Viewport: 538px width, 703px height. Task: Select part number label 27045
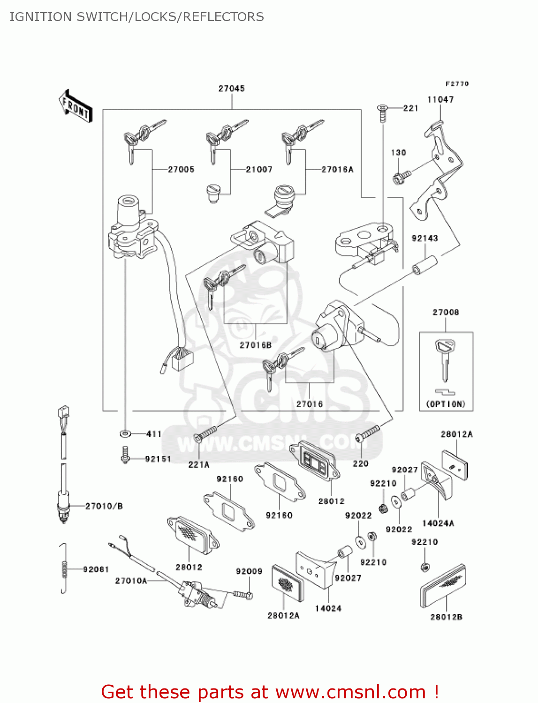pyautogui.click(x=231, y=89)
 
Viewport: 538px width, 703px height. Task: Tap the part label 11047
pyautogui.click(x=440, y=99)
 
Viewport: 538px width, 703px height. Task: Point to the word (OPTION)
pyautogui.click(x=446, y=404)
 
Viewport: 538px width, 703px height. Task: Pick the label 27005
pyautogui.click(x=181, y=169)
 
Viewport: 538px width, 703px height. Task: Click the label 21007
pyautogui.click(x=259, y=169)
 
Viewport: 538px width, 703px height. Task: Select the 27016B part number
pyautogui.click(x=255, y=345)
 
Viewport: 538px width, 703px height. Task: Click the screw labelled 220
pyautogui.click(x=367, y=433)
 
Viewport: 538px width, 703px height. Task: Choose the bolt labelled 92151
pyautogui.click(x=125, y=454)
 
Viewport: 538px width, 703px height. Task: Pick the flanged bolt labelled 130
pyautogui.click(x=402, y=177)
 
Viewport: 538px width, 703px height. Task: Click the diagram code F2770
pyautogui.click(x=457, y=84)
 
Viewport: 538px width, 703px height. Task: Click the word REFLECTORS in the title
pyautogui.click(x=223, y=17)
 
